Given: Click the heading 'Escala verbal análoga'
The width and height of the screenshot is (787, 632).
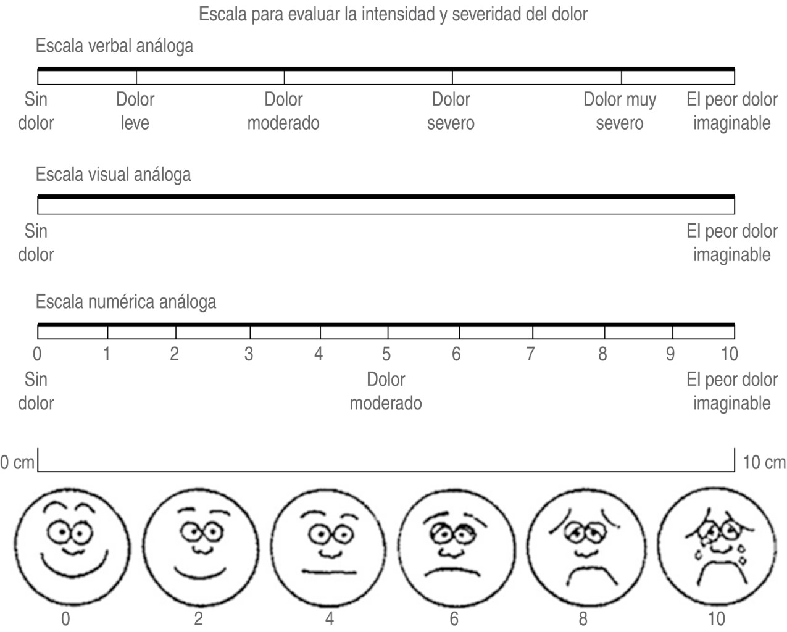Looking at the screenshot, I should point(114,46).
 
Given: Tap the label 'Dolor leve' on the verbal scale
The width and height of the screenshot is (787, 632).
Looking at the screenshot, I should point(135,111).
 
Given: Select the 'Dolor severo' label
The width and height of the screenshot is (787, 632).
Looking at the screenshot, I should point(451,111).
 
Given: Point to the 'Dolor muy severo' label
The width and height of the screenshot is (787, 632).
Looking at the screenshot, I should point(620,111).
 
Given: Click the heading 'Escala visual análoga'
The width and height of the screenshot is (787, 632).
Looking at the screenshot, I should point(114,175).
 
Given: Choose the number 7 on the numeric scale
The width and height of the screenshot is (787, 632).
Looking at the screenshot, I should point(530,354).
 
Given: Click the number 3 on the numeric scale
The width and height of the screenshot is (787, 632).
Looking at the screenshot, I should point(249,354).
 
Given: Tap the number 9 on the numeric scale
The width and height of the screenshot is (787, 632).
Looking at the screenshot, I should point(670,354).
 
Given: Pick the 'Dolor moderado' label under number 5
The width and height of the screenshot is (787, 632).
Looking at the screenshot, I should point(386,391).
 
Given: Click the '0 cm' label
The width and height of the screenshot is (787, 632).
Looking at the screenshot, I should point(17,462).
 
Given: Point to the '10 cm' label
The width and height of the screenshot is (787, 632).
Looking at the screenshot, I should point(764,462).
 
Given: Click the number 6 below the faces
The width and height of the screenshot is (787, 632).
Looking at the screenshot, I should point(454,618).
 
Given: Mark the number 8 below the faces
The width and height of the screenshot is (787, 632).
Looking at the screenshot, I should point(583,618).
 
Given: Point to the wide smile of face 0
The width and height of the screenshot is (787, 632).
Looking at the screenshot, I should point(73,565).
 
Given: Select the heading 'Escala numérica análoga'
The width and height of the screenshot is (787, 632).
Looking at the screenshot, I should point(126,302).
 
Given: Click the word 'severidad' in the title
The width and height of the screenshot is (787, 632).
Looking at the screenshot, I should point(487,14).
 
